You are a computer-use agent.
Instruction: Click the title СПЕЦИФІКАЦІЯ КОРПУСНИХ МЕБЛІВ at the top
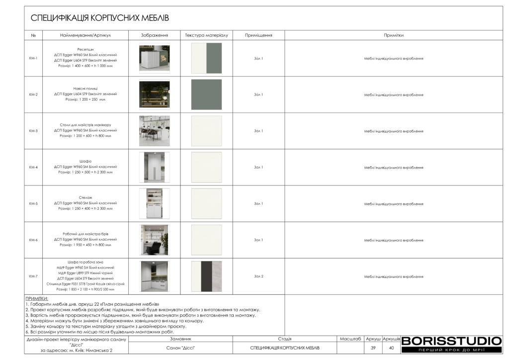[x=100, y=18]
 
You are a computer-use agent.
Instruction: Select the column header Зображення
[x=154, y=35]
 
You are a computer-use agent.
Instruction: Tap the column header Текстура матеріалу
[x=206, y=35]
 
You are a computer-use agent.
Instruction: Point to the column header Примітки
[x=393, y=35]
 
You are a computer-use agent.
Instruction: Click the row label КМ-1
[x=33, y=58]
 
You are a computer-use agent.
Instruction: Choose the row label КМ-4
[x=33, y=167]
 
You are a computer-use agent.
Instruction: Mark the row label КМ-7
[x=33, y=276]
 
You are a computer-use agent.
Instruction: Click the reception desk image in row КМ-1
[x=154, y=58]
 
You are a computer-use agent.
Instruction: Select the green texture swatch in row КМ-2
[x=206, y=94]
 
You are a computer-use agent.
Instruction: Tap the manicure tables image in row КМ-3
[x=154, y=131]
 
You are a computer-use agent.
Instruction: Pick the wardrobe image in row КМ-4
[x=154, y=167]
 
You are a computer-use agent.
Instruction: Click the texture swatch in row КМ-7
[x=206, y=276]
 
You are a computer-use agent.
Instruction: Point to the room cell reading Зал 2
[x=258, y=276]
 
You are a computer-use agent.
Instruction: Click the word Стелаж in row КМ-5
[x=85, y=197]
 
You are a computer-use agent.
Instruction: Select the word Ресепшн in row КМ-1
[x=85, y=49]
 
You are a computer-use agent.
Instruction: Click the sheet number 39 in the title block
[x=373, y=348]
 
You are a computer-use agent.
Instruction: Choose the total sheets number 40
[x=391, y=348]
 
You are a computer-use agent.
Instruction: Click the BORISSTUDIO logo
[x=451, y=341]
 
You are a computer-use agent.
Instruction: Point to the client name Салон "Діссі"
[x=180, y=348]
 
